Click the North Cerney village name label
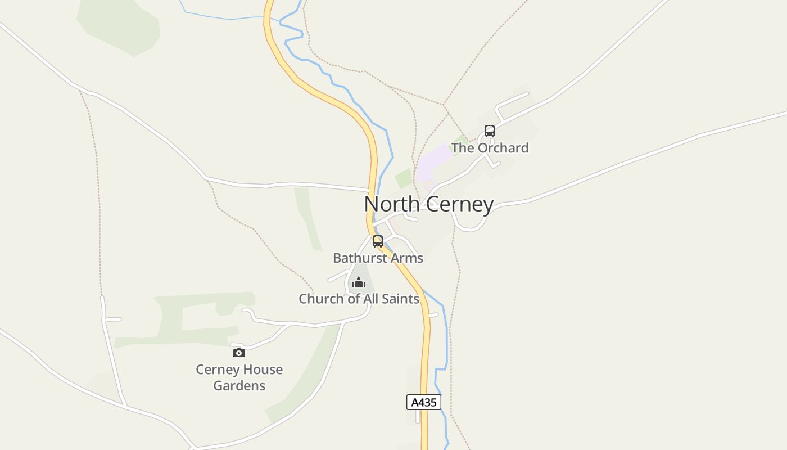(x=429, y=204)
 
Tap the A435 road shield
(x=423, y=402)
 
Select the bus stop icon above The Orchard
(x=490, y=131)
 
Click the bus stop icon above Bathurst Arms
(x=378, y=241)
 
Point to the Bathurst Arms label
(x=378, y=258)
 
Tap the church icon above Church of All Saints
(x=359, y=282)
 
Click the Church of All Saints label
(x=359, y=299)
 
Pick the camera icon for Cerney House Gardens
(x=239, y=353)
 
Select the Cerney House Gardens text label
(x=239, y=377)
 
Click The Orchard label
(x=490, y=148)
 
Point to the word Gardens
(x=239, y=386)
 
